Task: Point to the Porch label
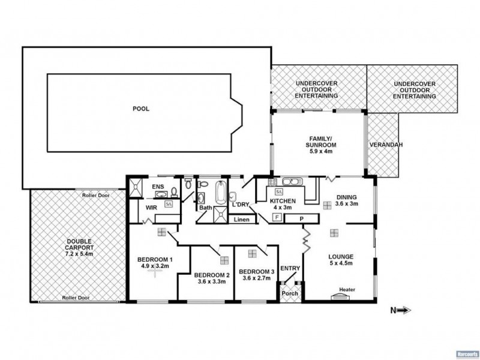(290, 293)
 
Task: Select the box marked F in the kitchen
(277, 218)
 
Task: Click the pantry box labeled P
(302, 218)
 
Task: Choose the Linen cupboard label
(241, 219)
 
